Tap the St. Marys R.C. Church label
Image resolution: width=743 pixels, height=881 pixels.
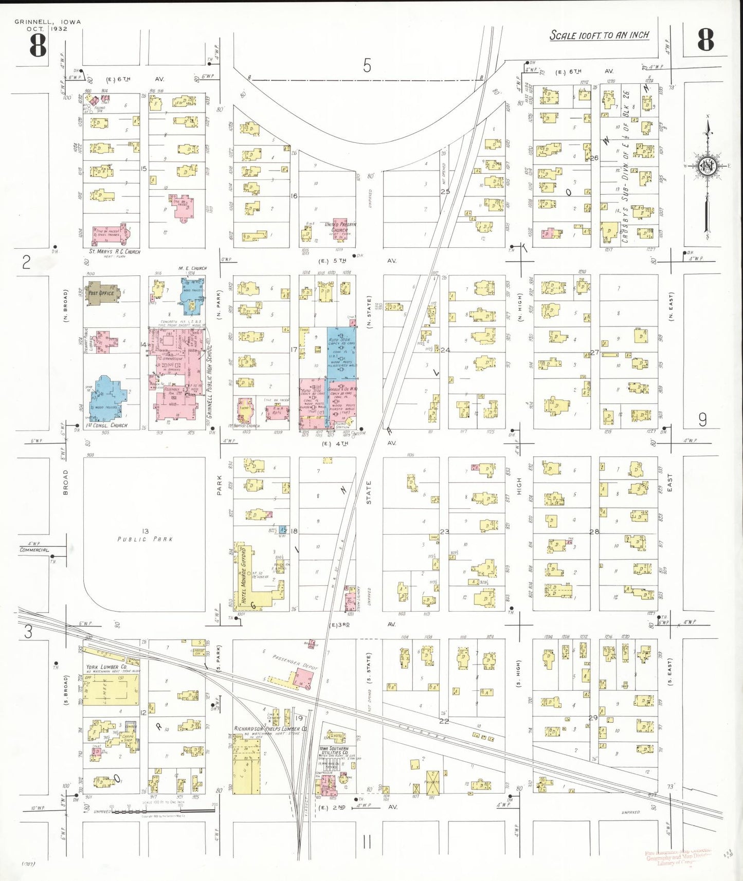pos(114,252)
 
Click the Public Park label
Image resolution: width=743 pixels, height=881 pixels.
pos(145,539)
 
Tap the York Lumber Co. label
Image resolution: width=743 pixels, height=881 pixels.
pos(106,667)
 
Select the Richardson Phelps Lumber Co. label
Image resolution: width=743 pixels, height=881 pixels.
pos(270,729)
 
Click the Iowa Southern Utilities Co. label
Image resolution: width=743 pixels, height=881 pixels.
pos(334,751)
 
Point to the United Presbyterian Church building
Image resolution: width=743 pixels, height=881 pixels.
pos(340,229)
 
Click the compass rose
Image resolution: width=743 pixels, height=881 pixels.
pos(708,166)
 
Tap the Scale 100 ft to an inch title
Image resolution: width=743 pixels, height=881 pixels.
pos(599,35)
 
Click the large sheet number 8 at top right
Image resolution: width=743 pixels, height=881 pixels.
pos(705,40)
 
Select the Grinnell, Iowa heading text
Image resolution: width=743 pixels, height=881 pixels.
pos(47,22)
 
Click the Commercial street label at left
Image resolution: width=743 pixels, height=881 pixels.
pos(34,550)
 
